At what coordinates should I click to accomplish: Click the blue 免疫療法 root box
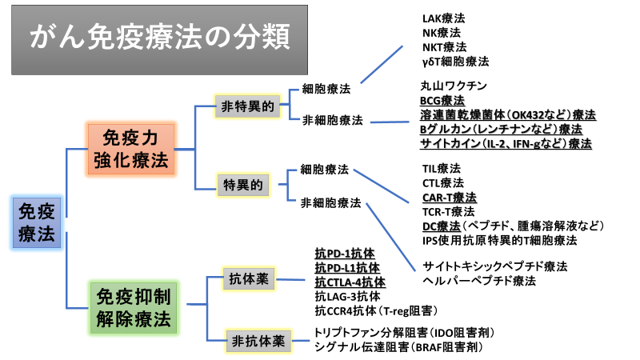(37, 223)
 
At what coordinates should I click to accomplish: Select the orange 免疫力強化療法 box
(131, 149)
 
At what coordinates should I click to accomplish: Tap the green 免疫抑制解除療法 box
(134, 308)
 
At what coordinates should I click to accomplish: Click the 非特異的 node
(247, 106)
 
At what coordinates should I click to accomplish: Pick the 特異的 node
(243, 185)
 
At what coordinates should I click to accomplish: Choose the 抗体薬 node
(249, 278)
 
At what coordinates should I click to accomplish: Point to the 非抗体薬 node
(258, 341)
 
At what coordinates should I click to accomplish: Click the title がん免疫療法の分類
(159, 37)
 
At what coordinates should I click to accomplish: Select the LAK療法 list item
(443, 18)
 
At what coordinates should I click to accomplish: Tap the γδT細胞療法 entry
(455, 62)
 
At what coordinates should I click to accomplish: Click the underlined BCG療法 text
(442, 101)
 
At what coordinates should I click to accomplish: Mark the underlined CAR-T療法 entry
(450, 198)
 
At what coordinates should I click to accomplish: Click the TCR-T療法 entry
(449, 212)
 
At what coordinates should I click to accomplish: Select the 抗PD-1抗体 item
(345, 254)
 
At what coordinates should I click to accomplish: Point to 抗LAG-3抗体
(347, 296)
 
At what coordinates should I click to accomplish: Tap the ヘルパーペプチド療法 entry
(479, 281)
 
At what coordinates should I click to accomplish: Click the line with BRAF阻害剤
(398, 347)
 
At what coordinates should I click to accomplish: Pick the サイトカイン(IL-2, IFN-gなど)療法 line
(506, 144)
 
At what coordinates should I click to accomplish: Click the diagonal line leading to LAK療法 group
(382, 65)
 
